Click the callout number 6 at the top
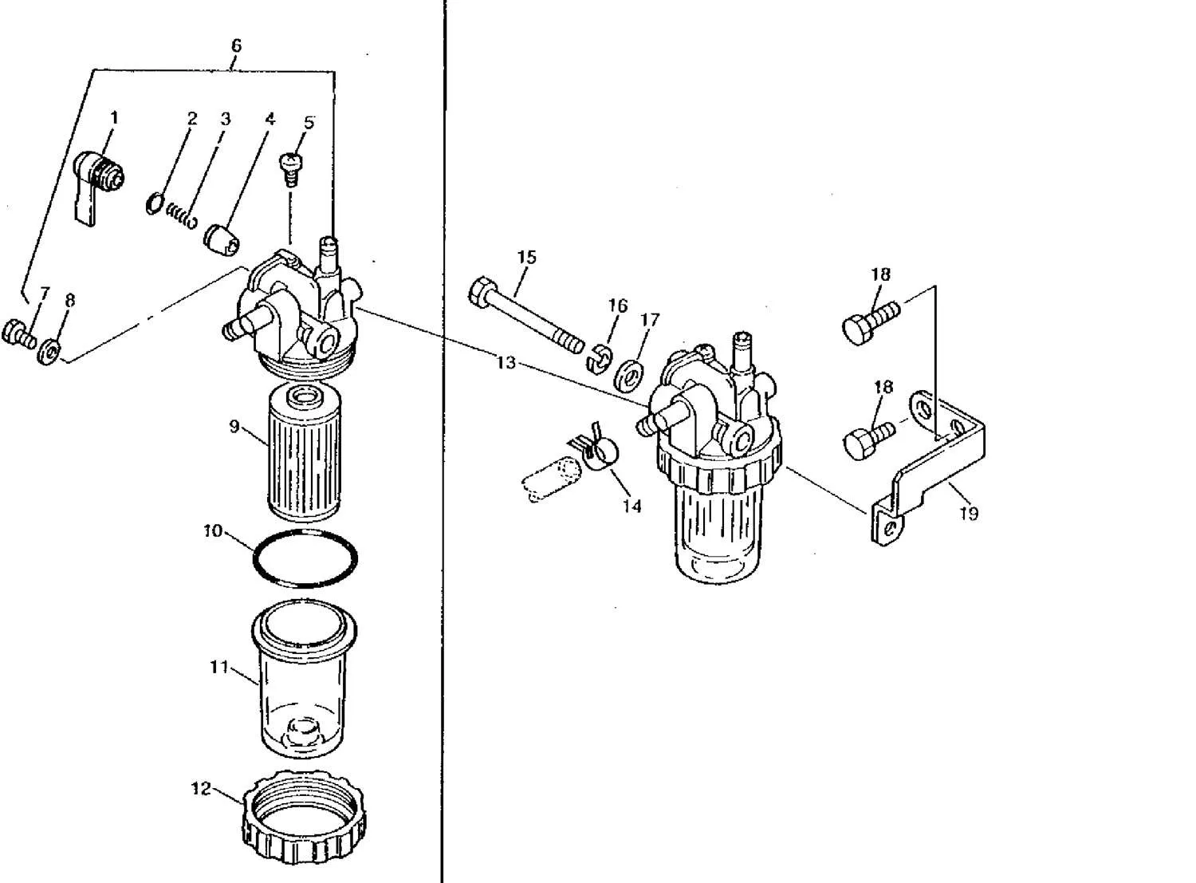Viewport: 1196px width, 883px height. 236,46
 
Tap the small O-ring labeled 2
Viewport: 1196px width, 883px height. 155,204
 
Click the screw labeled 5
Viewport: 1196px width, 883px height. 293,166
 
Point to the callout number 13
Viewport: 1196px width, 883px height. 506,363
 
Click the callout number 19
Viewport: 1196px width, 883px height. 969,514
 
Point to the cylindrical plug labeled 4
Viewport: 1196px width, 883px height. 219,238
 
